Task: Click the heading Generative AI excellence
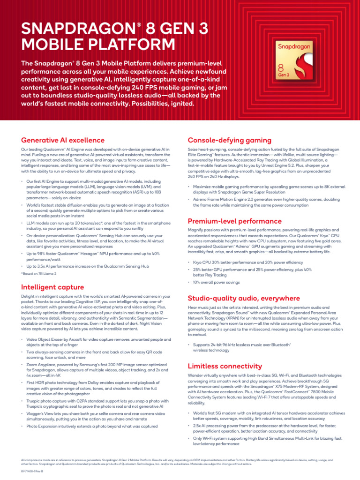point(63,140)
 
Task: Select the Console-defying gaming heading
point(229,140)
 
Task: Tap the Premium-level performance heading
point(234,221)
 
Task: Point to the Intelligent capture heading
point(53,287)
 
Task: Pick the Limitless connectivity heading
point(225,366)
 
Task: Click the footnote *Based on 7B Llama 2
point(42,273)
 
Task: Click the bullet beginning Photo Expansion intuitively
point(92,426)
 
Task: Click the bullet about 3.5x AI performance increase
point(88,266)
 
